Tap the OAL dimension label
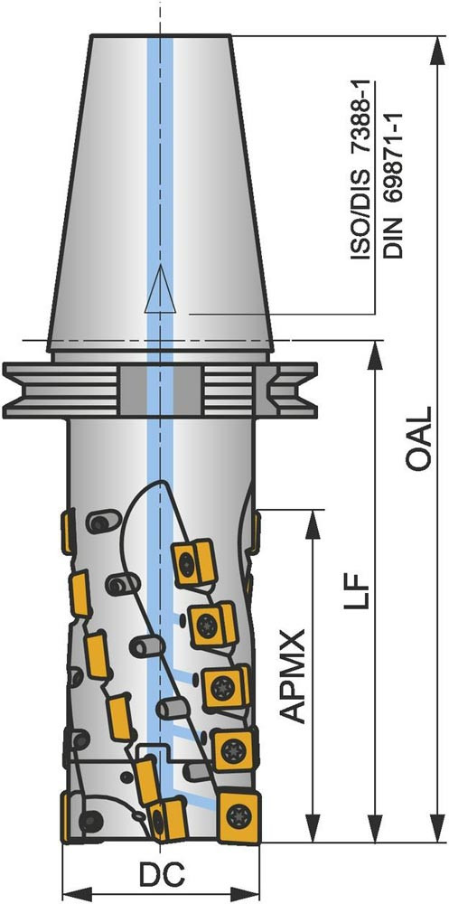pyautogui.click(x=417, y=438)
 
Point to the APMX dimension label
pyautogui.click(x=295, y=676)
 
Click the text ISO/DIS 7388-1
pyautogui.click(x=361, y=170)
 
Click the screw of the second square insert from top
pyautogui.click(x=205, y=624)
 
